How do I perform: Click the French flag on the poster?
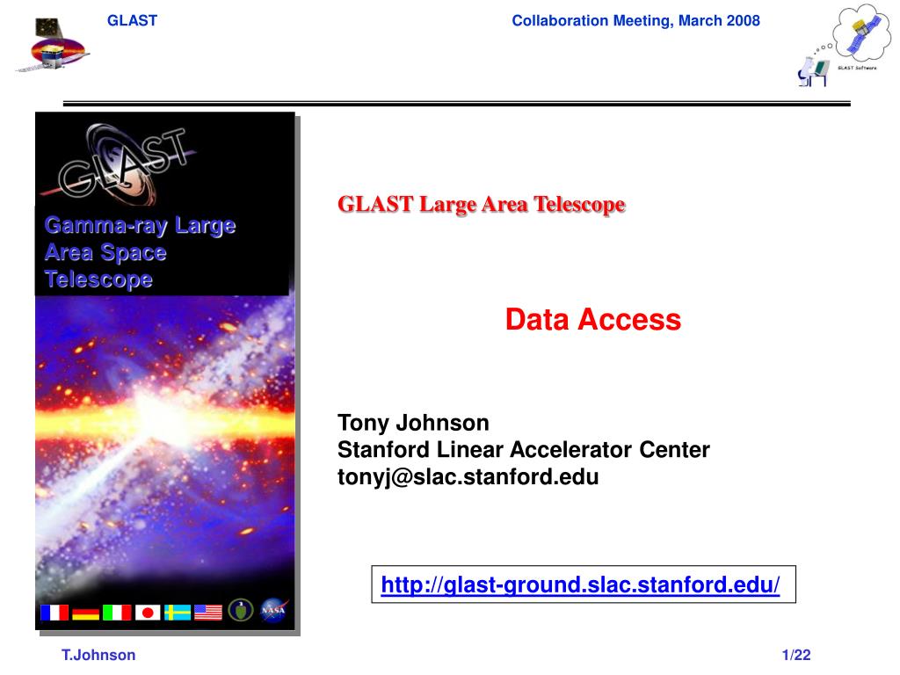click(54, 613)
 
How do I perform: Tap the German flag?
click(85, 613)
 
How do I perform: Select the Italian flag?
click(117, 613)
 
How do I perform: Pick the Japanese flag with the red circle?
click(148, 613)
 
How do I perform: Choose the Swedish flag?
click(178, 613)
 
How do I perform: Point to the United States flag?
click(208, 613)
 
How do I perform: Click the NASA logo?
click(273, 611)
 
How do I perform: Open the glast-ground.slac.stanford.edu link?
click(580, 584)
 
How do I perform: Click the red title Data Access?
click(593, 319)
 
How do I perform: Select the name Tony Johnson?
click(413, 423)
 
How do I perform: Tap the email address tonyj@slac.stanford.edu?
click(468, 476)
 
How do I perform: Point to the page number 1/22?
click(796, 655)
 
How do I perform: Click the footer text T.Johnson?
click(98, 655)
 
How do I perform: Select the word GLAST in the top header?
click(132, 21)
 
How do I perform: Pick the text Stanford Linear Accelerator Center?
click(524, 449)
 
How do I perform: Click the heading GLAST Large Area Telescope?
click(481, 204)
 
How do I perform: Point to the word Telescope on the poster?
click(98, 279)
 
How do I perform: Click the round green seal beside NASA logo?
click(241, 610)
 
